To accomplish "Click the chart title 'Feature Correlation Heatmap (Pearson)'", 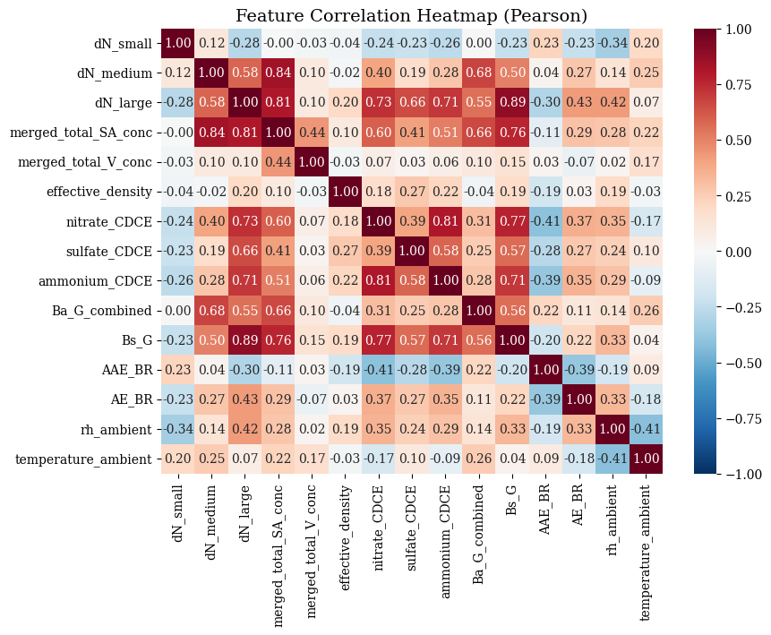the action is point(411,15).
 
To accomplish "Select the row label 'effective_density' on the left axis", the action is point(99,192).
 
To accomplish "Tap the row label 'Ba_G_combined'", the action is point(102,311).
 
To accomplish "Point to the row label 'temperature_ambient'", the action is point(83,459).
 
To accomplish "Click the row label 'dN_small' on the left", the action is point(123,44).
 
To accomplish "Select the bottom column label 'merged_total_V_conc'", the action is point(312,552).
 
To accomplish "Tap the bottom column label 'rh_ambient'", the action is point(613,520).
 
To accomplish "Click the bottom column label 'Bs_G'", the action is point(512,501).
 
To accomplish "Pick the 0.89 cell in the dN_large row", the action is point(512,103).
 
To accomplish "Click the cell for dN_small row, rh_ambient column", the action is point(613,43).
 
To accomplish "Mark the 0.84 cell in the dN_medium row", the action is point(278,73).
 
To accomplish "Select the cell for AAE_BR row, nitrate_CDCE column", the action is point(379,370).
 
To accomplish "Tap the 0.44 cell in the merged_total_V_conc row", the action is point(278,162).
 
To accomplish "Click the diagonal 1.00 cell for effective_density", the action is point(345,192).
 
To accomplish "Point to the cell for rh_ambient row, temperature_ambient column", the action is point(647,429).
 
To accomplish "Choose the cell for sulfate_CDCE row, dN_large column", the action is point(244,252).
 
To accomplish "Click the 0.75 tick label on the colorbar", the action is point(739,85).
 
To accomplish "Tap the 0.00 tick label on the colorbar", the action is point(739,252).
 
